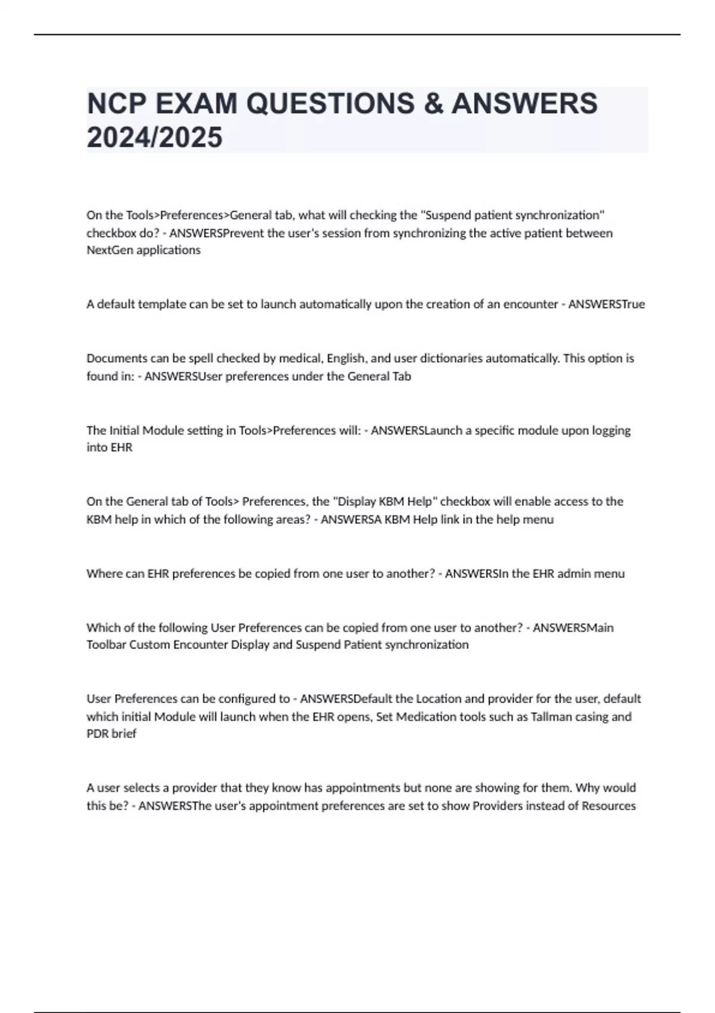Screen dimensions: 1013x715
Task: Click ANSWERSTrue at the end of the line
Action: pyautogui.click(x=606, y=304)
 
